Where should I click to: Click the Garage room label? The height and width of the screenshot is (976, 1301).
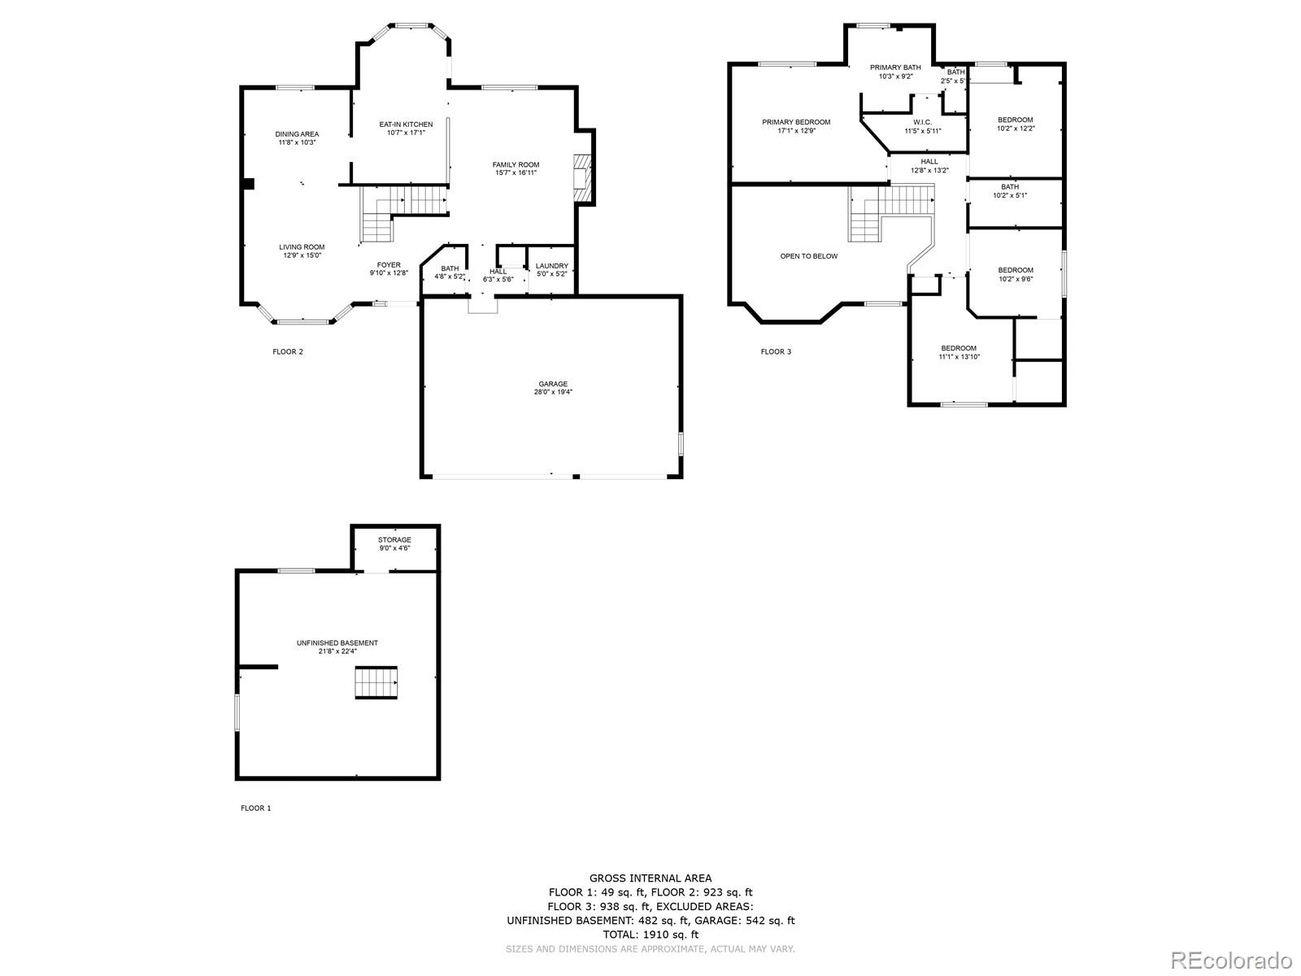pyautogui.click(x=552, y=384)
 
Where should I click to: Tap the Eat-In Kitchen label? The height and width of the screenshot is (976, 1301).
pyautogui.click(x=406, y=124)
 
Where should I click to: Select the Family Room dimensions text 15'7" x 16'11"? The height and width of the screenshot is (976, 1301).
pyautogui.click(x=516, y=172)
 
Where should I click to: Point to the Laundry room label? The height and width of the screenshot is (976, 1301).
pyautogui.click(x=552, y=266)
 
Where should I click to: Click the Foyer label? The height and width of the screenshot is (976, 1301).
pyautogui.click(x=389, y=265)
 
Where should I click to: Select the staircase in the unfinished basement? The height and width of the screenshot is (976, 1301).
pyautogui.click(x=376, y=682)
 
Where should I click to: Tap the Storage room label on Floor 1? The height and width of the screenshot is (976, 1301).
pyautogui.click(x=394, y=540)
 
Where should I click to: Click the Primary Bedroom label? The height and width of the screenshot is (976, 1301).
pyautogui.click(x=796, y=122)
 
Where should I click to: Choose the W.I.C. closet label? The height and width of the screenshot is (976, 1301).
pyautogui.click(x=922, y=122)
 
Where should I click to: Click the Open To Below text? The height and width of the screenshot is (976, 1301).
pyautogui.click(x=808, y=256)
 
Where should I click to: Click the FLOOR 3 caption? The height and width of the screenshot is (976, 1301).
pyautogui.click(x=775, y=351)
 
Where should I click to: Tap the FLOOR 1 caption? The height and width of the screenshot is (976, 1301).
pyautogui.click(x=255, y=808)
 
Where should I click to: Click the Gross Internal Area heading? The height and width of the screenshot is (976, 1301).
pyautogui.click(x=650, y=878)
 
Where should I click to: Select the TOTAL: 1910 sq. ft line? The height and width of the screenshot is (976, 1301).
pyautogui.click(x=650, y=935)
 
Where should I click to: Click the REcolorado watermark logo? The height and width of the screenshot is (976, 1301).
pyautogui.click(x=1231, y=960)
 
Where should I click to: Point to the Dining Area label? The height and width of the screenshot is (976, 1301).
pyautogui.click(x=297, y=134)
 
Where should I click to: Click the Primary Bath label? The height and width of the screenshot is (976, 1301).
pyautogui.click(x=895, y=68)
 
